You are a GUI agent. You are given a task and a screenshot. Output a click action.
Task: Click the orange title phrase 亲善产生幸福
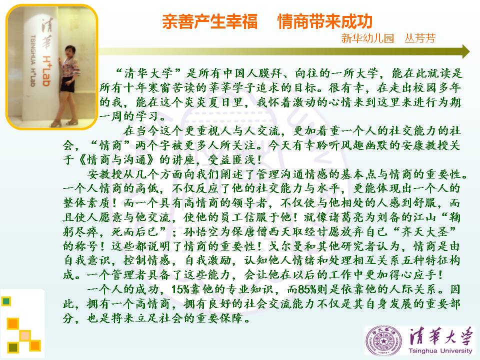point(209,21)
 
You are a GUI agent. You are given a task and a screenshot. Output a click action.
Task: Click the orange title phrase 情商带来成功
point(325,21)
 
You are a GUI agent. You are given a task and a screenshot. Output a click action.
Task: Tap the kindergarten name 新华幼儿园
point(367,38)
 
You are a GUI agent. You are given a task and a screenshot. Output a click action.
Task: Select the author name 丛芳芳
point(419,38)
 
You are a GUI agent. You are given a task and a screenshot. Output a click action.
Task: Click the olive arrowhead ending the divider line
point(466,51)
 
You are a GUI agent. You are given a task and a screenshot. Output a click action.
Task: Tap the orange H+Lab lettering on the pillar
point(46,71)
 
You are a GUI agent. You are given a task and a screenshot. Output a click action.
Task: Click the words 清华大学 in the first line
point(148,73)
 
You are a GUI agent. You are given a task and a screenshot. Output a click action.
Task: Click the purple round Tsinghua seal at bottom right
point(383,340)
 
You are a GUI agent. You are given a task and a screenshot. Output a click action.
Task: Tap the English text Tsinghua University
point(440,351)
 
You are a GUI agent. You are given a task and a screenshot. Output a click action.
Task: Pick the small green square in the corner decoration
point(6,301)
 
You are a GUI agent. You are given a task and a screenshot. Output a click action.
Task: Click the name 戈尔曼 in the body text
point(286,246)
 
